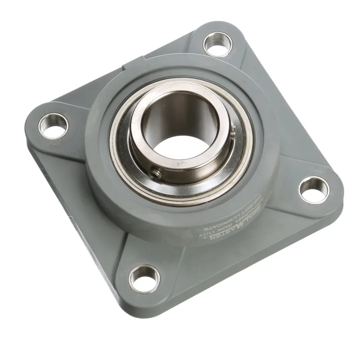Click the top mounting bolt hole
(218, 44)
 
